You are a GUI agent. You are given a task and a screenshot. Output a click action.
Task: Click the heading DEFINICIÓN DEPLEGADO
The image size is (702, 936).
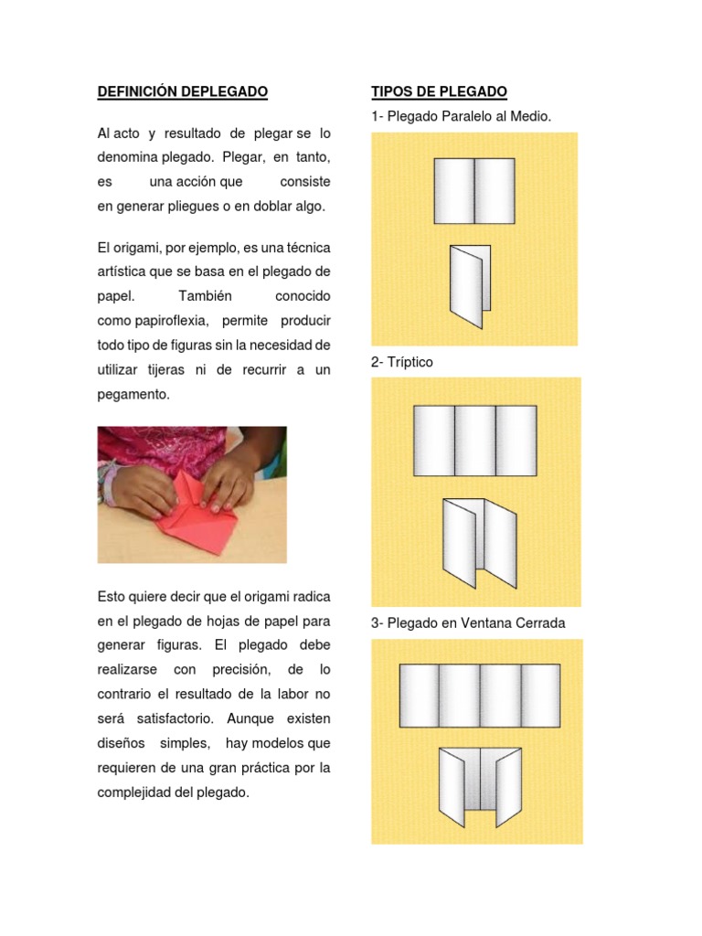pyautogui.click(x=182, y=92)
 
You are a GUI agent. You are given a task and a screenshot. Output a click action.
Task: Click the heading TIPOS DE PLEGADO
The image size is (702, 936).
pyautogui.click(x=439, y=92)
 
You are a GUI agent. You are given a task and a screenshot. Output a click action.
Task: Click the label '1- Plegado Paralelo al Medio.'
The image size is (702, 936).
pyautogui.click(x=462, y=116)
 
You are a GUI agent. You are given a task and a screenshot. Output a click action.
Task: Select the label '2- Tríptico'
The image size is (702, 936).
pyautogui.click(x=402, y=362)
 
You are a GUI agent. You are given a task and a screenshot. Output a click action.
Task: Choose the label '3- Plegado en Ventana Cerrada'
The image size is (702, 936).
pyautogui.click(x=468, y=623)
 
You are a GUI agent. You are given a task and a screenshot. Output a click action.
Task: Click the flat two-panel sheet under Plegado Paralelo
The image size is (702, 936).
pyautogui.click(x=473, y=191)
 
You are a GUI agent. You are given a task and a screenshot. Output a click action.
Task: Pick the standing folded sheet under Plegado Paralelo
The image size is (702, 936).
pyautogui.click(x=470, y=286)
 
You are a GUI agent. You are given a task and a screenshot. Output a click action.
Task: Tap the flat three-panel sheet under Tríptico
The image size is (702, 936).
pyautogui.click(x=474, y=441)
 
